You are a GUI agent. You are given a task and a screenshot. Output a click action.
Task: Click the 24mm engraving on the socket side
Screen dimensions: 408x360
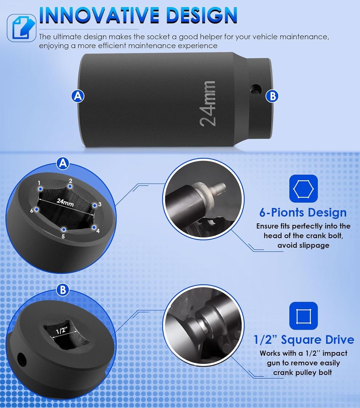click(x=207, y=104)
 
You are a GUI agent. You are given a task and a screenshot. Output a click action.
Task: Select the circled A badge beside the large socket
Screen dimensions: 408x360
click(x=78, y=96)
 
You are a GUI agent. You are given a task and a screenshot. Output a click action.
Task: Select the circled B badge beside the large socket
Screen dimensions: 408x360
click(x=272, y=96)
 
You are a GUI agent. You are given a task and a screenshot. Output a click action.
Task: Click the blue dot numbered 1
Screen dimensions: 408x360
click(x=40, y=188)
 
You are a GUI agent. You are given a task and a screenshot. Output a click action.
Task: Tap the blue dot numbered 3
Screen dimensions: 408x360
click(x=94, y=205)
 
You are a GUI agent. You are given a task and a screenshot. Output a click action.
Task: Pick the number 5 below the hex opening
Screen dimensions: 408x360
click(x=63, y=236)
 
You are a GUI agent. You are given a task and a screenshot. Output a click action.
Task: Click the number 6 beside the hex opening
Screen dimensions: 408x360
click(x=32, y=211)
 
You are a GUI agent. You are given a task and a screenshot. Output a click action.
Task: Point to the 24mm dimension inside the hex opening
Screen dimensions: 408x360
click(x=65, y=202)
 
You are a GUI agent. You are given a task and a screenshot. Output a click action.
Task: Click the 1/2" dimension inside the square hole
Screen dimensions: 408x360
click(x=61, y=330)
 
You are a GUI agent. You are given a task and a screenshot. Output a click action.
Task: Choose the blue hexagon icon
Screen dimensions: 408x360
click(x=303, y=188)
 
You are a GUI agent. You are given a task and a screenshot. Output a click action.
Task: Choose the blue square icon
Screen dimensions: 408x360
click(x=303, y=316)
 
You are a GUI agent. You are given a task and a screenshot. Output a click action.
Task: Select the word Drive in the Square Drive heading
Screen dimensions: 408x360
click(x=340, y=340)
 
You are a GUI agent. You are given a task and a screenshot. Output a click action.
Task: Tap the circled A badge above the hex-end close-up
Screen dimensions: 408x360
click(x=63, y=163)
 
